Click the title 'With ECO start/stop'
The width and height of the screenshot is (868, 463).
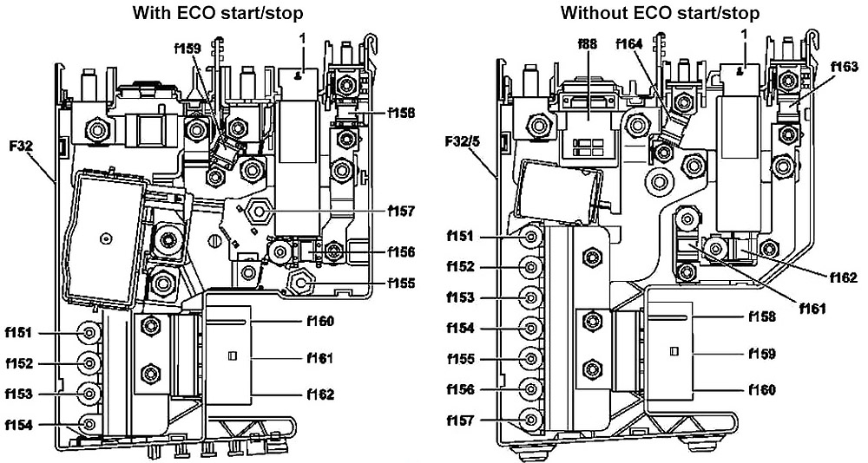tap(218, 13)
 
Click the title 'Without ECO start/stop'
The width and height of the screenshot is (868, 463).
tap(660, 13)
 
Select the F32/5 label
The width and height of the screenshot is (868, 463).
tap(463, 142)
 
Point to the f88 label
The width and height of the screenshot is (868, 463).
tap(588, 43)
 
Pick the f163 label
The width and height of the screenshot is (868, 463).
tap(845, 67)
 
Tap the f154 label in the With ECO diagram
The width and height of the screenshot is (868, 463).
tap(19, 425)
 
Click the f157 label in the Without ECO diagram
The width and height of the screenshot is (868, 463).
tap(461, 421)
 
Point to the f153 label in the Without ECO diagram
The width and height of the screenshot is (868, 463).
tap(461, 297)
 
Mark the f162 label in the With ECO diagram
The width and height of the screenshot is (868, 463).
tap(320, 395)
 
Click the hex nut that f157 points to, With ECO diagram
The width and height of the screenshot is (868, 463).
tap(259, 212)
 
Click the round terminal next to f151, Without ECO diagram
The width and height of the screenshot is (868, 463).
tap(531, 237)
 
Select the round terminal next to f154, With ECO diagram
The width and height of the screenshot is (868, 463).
tap(89, 425)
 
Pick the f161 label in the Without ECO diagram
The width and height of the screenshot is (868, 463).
tap(811, 308)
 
